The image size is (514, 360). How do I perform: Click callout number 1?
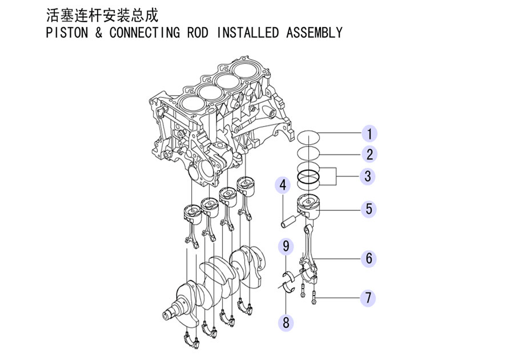tap(370, 134)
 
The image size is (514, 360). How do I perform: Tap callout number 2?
tap(370, 154)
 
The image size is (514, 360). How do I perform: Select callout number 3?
tap(368, 176)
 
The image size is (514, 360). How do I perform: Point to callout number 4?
tap(283, 185)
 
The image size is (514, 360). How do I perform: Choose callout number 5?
tap(369, 209)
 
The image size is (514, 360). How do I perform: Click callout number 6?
tap(369, 258)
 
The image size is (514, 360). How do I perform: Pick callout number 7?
tap(368, 298)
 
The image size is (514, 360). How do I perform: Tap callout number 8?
tap(286, 322)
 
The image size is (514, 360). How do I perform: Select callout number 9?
tap(286, 246)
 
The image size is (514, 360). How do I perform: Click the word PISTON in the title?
tap(67, 32)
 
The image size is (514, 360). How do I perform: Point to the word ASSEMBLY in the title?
tap(314, 32)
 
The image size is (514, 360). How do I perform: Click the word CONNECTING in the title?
tap(144, 32)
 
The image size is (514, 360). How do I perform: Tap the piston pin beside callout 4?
tap(287, 221)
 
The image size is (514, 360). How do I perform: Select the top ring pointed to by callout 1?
tap(308, 137)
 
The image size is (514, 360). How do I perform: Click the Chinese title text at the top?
tap(102, 15)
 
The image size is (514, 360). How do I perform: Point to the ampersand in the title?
tap(99, 32)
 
